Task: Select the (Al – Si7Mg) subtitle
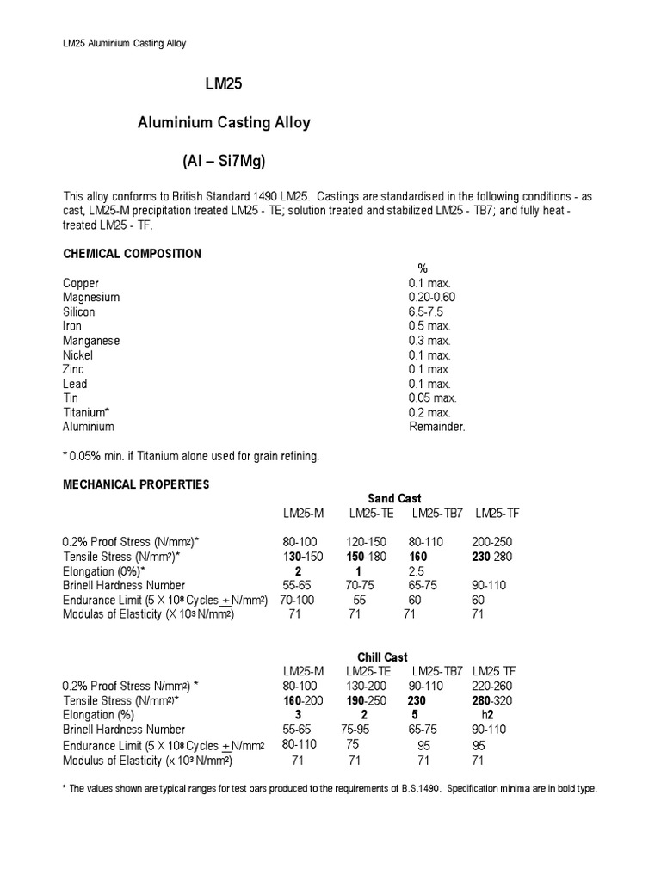click(x=228, y=161)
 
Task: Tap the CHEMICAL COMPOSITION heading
click(x=132, y=254)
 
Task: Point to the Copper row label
click(x=81, y=283)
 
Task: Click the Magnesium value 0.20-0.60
click(x=432, y=298)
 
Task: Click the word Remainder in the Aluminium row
click(x=436, y=426)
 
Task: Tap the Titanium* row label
click(x=86, y=412)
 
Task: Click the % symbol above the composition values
click(x=423, y=269)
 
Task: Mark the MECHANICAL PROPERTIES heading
click(x=136, y=484)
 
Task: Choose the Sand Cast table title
click(x=394, y=498)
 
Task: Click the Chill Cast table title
click(x=383, y=657)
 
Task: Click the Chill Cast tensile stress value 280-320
click(x=491, y=700)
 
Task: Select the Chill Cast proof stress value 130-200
click(x=365, y=686)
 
